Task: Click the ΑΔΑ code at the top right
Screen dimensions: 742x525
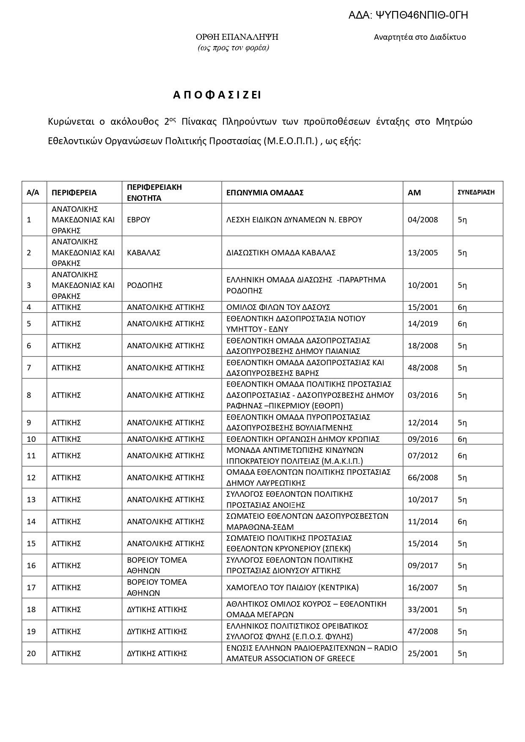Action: tap(408, 16)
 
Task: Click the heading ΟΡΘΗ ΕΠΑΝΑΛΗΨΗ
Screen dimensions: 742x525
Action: tap(236, 37)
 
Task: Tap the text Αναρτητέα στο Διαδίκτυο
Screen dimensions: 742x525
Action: tap(420, 37)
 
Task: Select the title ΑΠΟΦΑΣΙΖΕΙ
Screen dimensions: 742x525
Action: tap(217, 95)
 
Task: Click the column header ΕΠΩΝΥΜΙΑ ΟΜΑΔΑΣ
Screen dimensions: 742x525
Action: tap(265, 193)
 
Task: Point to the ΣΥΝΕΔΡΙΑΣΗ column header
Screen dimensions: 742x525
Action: tap(476, 192)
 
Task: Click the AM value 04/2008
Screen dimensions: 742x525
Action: tap(423, 220)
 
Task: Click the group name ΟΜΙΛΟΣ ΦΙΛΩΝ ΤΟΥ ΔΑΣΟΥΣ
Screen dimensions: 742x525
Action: tap(278, 307)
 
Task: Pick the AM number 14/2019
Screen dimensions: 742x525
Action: tap(423, 324)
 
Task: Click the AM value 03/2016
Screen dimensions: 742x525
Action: tap(423, 395)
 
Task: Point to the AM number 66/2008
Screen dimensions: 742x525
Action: tap(423, 478)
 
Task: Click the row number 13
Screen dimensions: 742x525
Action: tap(31, 500)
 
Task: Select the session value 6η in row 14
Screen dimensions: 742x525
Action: tap(462, 522)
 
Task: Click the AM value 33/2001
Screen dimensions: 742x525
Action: tap(423, 610)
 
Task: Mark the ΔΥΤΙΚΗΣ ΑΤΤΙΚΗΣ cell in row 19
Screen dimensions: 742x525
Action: tap(157, 632)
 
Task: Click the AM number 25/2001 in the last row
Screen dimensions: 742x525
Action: tap(423, 654)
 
